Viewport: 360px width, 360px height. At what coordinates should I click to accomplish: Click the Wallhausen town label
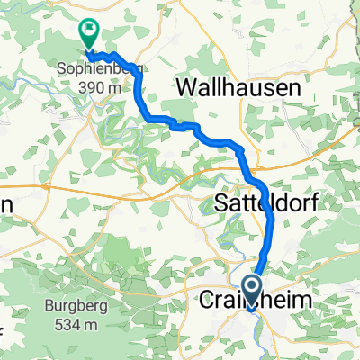click(x=235, y=88)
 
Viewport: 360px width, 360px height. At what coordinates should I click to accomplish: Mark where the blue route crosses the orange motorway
click(x=252, y=168)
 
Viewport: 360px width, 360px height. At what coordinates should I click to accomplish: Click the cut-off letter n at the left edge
click(x=4, y=204)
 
